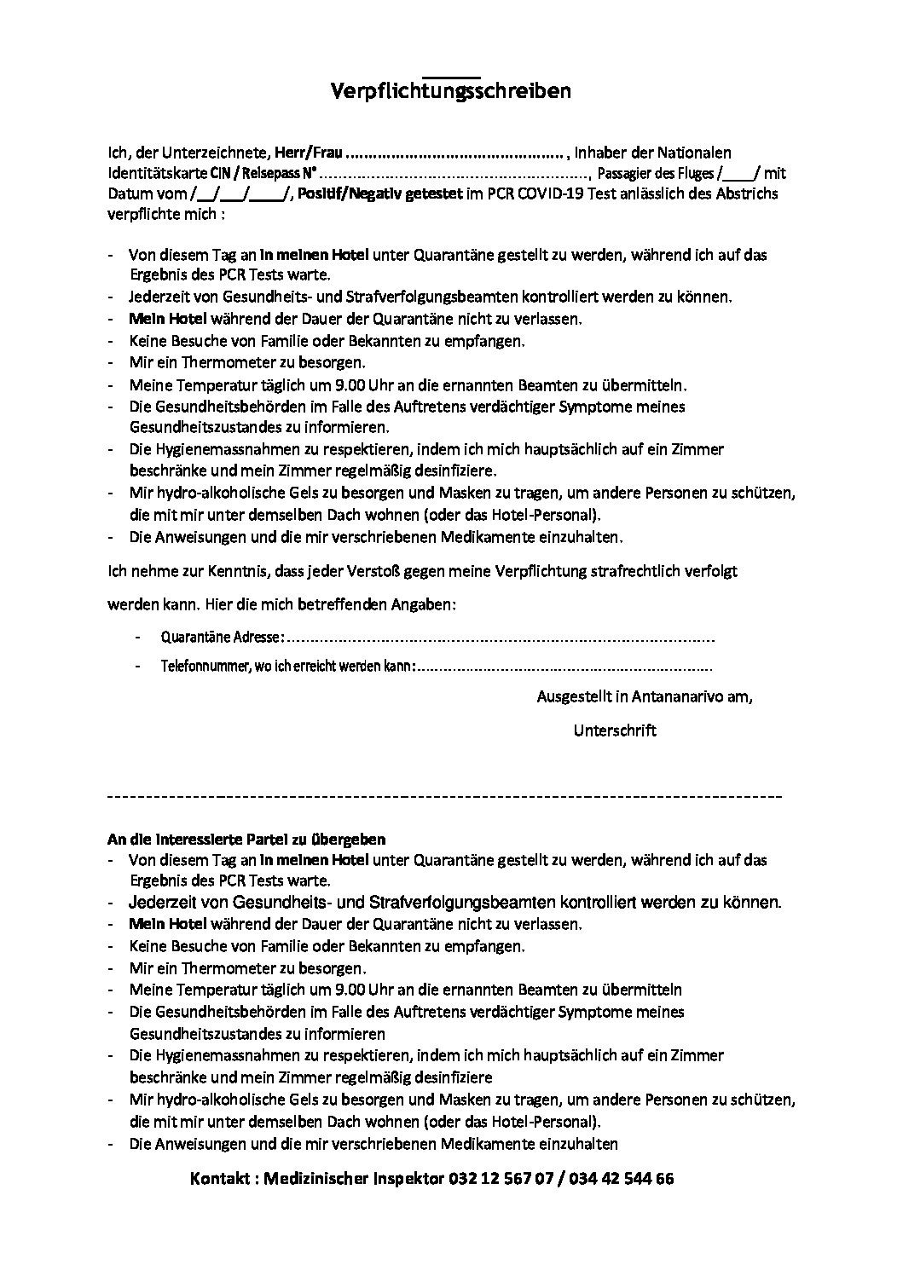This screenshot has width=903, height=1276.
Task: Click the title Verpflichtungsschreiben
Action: click(450, 91)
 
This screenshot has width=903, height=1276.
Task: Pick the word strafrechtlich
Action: click(630, 572)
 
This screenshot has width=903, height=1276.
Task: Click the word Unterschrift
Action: click(615, 730)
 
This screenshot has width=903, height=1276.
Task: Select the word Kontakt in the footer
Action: click(221, 1180)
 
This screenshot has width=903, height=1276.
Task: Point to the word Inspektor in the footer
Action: click(398, 1180)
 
